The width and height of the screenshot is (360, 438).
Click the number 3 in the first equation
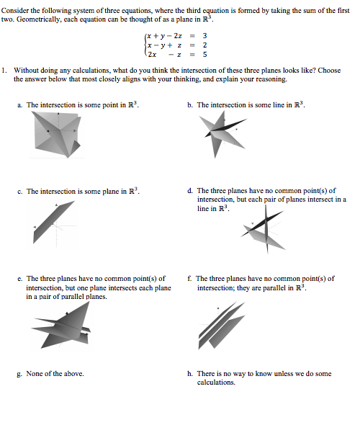coord(204,36)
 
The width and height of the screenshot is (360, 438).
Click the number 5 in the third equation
coord(204,55)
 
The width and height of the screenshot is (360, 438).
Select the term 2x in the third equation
coord(152,55)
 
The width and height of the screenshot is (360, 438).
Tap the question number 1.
coord(4,70)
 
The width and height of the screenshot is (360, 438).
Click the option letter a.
coord(19,105)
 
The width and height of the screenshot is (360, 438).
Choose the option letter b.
coord(190,105)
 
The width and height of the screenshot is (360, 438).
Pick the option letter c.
coord(19,192)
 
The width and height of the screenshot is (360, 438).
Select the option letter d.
coord(190,191)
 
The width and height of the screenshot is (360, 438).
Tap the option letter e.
coord(19,279)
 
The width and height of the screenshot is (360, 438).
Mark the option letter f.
coord(189,279)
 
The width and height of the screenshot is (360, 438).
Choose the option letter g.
coord(19,375)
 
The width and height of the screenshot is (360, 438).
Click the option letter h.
coord(190,374)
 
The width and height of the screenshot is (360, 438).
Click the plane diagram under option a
coord(58,135)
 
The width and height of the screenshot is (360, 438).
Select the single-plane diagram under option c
coord(53,223)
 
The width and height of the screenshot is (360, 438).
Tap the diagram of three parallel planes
coord(221,326)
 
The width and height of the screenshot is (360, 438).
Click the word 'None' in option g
coord(34,374)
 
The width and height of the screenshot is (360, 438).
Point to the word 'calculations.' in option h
coord(216,383)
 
